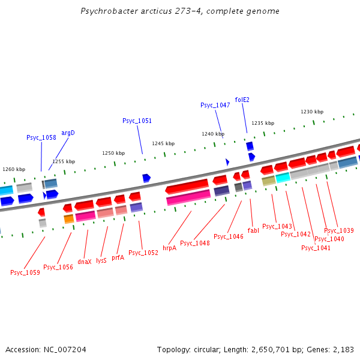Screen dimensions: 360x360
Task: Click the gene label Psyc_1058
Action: point(41,137)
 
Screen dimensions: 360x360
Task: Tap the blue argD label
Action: point(68,133)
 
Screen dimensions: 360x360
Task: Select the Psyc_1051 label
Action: point(137,121)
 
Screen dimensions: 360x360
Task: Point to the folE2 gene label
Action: point(242,100)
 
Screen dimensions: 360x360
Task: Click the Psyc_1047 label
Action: point(215,105)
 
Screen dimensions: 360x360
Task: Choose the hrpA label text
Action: point(169,247)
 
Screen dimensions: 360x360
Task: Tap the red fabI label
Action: point(253,230)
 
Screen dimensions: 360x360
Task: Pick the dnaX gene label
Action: point(85,261)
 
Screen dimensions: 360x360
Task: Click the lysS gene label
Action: point(101,261)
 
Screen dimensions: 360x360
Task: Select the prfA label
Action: point(118,257)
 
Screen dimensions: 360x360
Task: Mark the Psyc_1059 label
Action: point(25,272)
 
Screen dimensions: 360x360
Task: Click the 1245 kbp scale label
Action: point(163,143)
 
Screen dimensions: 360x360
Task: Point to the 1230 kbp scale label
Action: point(312,112)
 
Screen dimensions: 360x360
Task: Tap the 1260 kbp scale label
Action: point(14,169)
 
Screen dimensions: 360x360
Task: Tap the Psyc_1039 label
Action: point(339,230)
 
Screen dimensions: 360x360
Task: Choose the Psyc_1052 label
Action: point(143,253)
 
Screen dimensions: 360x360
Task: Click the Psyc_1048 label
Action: point(195,243)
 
